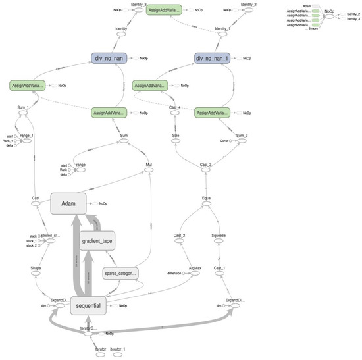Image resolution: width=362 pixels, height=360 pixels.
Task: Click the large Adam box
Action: [x=70, y=205]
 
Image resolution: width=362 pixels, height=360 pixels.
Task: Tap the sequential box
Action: [x=89, y=305]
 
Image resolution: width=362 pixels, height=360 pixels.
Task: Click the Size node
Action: [x=176, y=143]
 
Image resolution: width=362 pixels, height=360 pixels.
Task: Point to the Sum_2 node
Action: [x=241, y=141]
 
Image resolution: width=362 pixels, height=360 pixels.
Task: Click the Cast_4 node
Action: [x=176, y=113]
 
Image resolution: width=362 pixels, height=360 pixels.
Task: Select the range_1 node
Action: [x=26, y=140]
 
